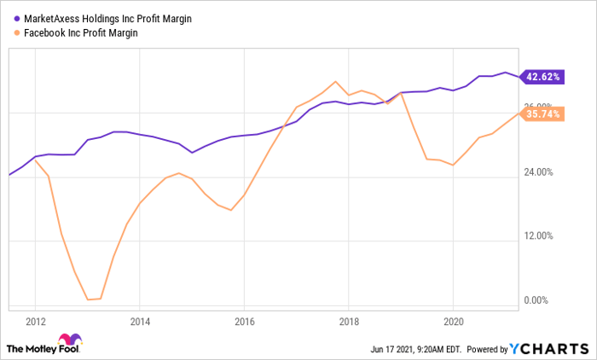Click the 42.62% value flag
point(543,77)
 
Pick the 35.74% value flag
point(543,113)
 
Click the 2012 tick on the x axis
point(36,322)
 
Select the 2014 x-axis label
point(140,322)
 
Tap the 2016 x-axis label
point(244,322)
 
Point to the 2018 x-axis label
point(348,322)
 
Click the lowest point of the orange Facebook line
point(89,299)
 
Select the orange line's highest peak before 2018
point(336,81)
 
